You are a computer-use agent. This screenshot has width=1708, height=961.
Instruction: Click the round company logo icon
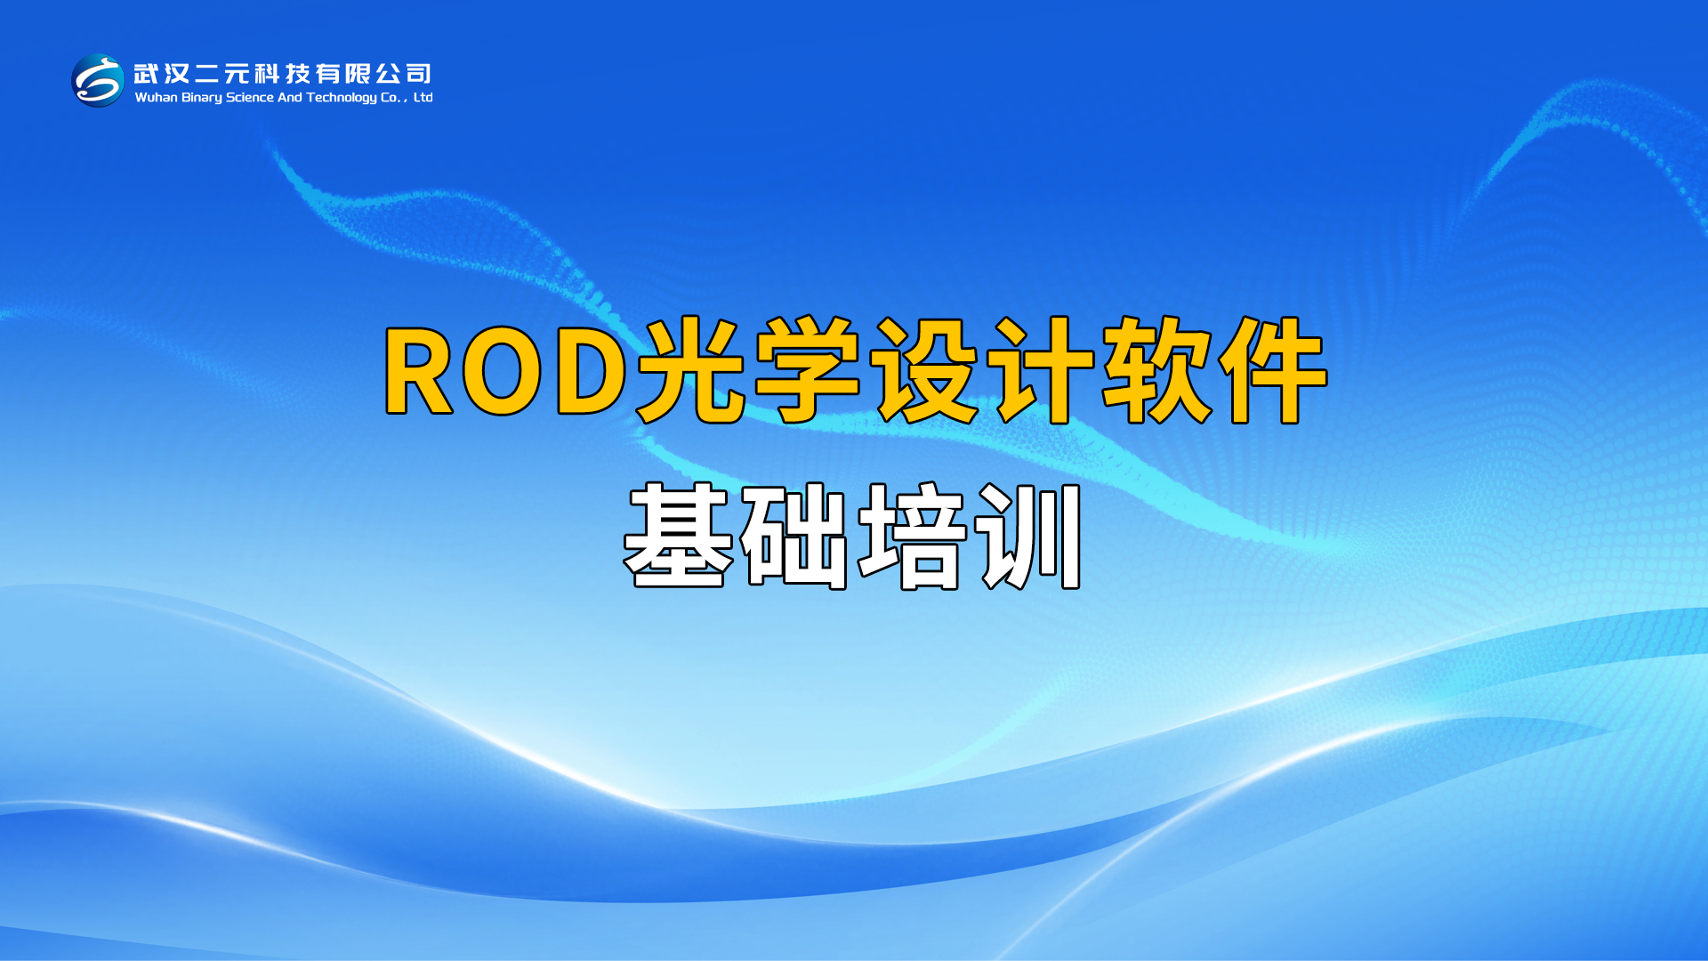pos(98,80)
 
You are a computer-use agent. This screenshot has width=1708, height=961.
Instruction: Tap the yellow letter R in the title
pos(419,370)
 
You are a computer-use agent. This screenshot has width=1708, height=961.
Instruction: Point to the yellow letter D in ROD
pos(592,370)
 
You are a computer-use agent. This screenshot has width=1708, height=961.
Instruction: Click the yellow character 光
pos(691,369)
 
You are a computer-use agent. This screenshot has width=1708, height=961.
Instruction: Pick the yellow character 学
pos(807,369)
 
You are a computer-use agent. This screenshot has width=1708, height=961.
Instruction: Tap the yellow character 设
pos(923,369)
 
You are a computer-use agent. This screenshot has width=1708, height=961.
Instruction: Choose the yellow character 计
pos(1041,369)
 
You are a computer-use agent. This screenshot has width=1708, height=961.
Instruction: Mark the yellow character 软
pos(1156,369)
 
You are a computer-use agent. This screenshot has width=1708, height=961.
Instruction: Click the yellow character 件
pos(1272,369)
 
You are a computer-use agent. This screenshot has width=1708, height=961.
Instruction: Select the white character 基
pos(679,536)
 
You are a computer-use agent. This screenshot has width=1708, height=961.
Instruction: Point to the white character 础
pos(794,537)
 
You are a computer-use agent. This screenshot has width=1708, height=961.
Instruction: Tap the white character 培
pos(912,537)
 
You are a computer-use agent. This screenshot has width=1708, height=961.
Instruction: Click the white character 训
pos(1028,537)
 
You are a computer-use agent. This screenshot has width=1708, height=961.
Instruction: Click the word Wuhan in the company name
pos(156,97)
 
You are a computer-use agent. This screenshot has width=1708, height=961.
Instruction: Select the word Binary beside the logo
pos(202,98)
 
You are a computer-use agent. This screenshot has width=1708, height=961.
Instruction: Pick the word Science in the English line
pos(250,97)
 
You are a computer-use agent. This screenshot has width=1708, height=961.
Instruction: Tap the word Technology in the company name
pos(342,98)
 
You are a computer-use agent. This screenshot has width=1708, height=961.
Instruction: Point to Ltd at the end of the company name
pos(423,97)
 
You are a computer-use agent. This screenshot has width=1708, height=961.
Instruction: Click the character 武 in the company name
pos(147,73)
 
